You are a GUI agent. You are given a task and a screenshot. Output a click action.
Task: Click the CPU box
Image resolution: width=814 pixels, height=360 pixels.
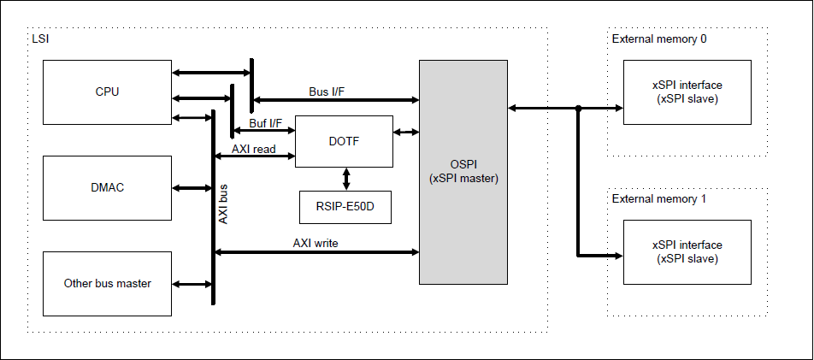(x=107, y=91)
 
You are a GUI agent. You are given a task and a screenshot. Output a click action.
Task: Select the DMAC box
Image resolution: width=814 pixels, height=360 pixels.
(x=107, y=187)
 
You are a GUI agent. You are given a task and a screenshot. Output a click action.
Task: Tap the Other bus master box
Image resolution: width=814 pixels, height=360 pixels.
(x=107, y=283)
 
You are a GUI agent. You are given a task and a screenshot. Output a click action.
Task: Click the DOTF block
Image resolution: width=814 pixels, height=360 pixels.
(x=344, y=141)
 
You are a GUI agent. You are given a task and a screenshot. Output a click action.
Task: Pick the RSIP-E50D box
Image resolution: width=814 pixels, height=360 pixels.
(x=345, y=207)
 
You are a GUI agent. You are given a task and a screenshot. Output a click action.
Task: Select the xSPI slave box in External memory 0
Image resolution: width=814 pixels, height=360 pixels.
(x=687, y=91)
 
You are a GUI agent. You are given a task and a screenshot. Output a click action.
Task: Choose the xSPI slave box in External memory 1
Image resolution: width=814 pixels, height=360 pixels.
(x=687, y=252)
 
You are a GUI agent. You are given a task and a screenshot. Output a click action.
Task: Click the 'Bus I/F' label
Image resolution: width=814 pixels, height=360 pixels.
(x=327, y=91)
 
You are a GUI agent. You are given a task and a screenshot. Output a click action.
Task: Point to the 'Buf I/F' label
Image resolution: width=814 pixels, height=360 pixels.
(x=266, y=123)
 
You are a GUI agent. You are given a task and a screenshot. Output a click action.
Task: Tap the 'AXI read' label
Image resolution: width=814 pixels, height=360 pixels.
(x=254, y=149)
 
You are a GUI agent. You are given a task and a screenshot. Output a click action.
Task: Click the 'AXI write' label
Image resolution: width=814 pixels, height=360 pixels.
(x=316, y=243)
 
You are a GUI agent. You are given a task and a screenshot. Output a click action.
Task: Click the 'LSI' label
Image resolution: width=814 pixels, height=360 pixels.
(x=40, y=39)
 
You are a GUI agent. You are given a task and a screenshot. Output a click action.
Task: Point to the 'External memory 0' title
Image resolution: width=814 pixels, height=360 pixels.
(x=659, y=38)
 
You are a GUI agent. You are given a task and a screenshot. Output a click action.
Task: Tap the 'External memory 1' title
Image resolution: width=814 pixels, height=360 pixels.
(x=659, y=198)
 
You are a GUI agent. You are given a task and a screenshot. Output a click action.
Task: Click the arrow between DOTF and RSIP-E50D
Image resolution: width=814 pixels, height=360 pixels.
(x=345, y=179)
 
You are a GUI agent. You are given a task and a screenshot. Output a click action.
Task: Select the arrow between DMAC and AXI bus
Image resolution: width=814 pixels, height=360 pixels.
(x=192, y=187)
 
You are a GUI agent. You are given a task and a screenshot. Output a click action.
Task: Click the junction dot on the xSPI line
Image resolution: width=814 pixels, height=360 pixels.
(x=579, y=108)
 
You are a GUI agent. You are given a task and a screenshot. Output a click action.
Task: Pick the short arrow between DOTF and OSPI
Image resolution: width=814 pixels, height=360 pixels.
(x=406, y=132)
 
